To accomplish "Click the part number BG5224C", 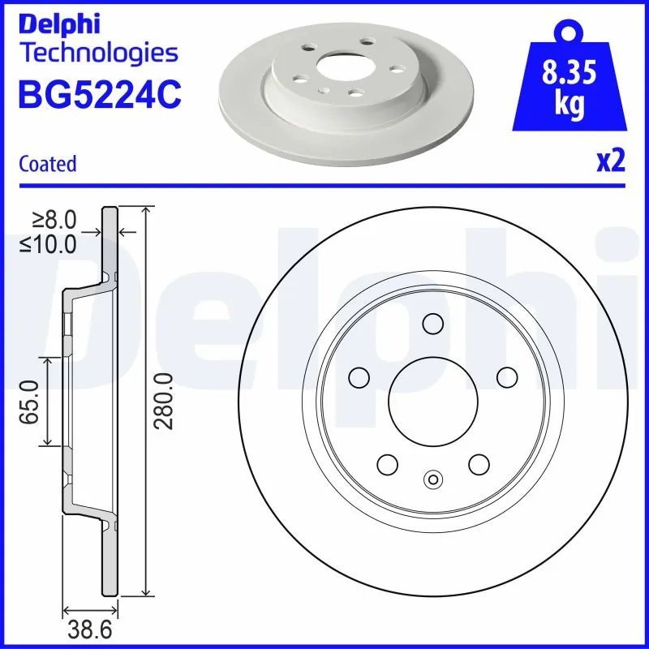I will (x=99, y=96).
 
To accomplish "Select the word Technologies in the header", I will (x=97, y=54).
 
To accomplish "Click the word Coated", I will (x=47, y=164).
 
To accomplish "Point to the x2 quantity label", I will (x=611, y=161).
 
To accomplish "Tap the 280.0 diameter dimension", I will (x=163, y=401).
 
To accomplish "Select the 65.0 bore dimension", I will (x=32, y=401).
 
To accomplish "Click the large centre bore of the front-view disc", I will (x=428, y=400).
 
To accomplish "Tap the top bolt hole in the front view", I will (x=432, y=324).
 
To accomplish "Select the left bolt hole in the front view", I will (x=358, y=377).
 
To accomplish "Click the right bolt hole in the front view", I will (x=506, y=377).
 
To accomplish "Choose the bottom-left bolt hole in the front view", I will (x=387, y=464).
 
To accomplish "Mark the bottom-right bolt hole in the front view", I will (x=479, y=464).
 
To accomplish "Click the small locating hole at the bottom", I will (x=432, y=479).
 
